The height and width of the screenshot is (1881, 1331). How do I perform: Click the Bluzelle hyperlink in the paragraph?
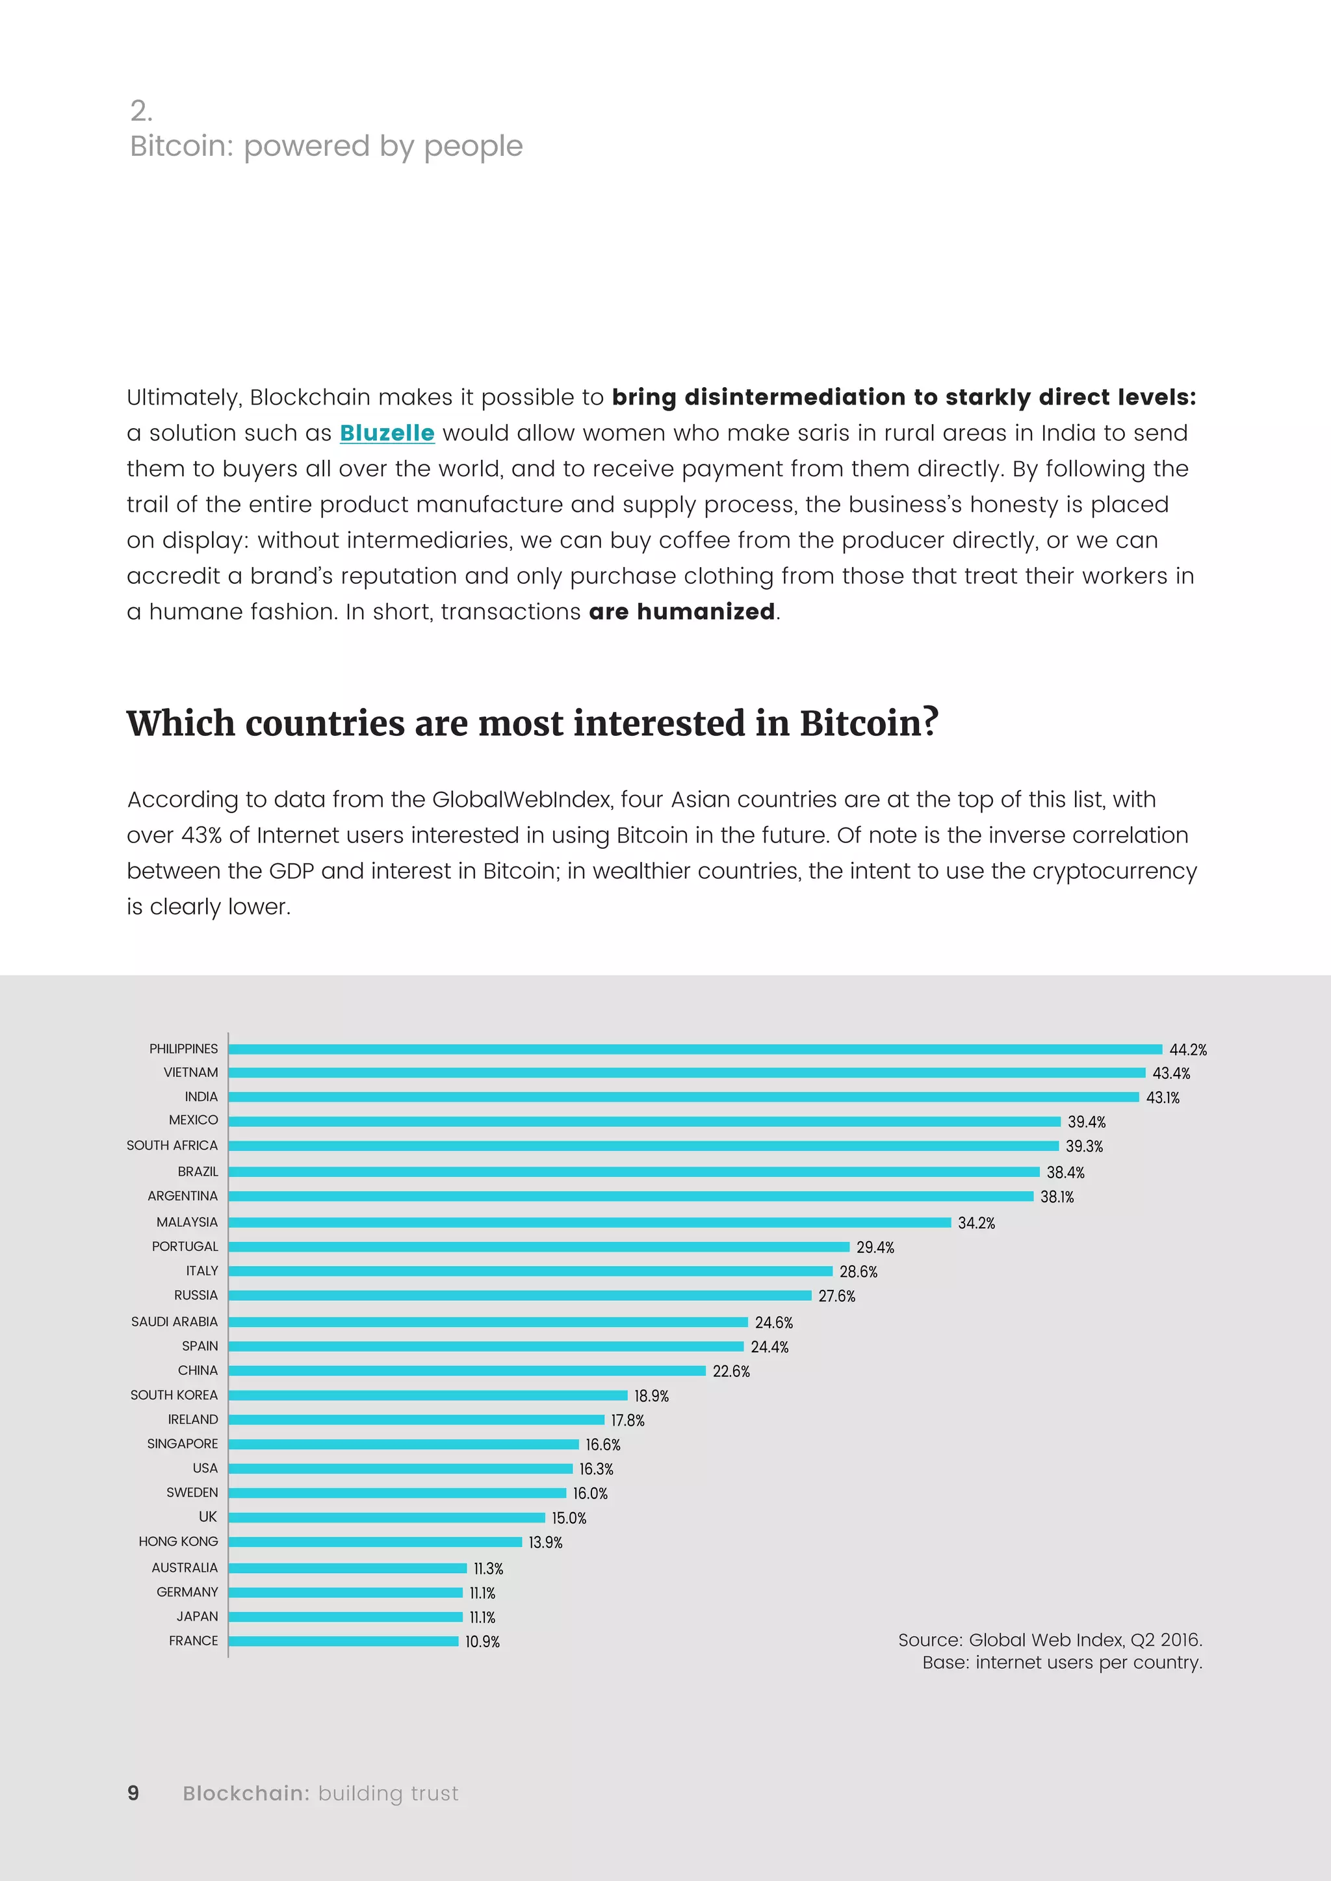pos(387,433)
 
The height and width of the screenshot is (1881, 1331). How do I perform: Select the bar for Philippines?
pos(695,1048)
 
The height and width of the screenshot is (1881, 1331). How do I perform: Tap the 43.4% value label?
pos(1171,1073)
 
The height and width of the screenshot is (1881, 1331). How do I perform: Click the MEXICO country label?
pos(194,1120)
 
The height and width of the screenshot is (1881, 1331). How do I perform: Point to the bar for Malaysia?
pos(590,1222)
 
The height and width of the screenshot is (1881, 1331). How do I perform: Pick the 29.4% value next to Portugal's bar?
pos(875,1247)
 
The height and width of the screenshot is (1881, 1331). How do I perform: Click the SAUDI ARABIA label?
pos(175,1322)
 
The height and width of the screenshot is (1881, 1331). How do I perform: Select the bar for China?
pos(467,1370)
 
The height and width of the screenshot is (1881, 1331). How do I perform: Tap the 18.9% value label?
pos(652,1396)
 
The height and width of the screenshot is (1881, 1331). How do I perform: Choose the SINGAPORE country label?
pos(183,1443)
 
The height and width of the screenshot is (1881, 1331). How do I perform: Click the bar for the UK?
pos(387,1517)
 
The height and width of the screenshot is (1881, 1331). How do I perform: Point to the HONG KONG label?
pos(179,1541)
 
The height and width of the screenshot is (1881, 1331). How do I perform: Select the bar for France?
pos(343,1641)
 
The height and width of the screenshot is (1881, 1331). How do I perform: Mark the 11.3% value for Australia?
pos(489,1568)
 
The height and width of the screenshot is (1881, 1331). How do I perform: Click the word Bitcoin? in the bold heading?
pos(869,724)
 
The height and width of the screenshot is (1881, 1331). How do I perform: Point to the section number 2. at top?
pos(141,110)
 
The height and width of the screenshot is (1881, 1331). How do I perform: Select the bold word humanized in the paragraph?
pos(706,611)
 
